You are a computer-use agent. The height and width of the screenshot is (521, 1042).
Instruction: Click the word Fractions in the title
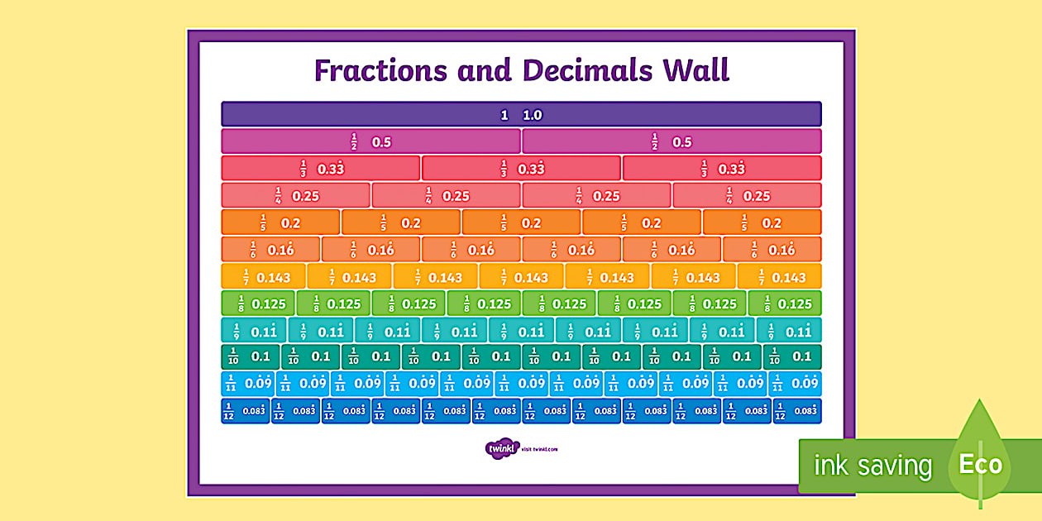pos(381,70)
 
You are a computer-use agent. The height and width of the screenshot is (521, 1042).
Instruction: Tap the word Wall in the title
pos(695,70)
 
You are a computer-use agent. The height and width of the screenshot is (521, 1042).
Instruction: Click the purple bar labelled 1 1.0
pos(521,114)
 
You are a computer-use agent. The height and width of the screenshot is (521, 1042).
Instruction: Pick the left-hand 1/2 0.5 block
pos(370,141)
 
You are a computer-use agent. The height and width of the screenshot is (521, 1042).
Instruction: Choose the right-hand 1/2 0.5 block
pos(672,141)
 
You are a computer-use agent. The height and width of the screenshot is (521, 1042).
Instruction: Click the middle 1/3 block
pos(521,169)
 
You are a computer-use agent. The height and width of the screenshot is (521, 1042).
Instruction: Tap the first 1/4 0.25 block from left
pos(296,196)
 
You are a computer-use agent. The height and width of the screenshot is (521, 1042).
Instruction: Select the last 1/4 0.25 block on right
pos(747,196)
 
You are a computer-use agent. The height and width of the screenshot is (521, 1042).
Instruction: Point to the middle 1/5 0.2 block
pos(521,222)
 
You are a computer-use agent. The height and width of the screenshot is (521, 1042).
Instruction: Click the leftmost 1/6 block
pos(270,250)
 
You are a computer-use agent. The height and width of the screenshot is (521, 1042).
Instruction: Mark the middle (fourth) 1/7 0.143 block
pos(521,277)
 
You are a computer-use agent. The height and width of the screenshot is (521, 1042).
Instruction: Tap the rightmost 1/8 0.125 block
pos(785,304)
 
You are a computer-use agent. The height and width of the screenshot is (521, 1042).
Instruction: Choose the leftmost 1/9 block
pos(254,331)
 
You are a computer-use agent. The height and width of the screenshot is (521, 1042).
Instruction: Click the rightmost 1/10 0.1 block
pos(791,356)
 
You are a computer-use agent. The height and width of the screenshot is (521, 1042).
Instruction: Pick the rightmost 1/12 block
pos(797,411)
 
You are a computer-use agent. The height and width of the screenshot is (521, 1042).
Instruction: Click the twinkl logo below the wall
pos(501,449)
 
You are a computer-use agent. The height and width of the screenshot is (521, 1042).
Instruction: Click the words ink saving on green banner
pos(872,466)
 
